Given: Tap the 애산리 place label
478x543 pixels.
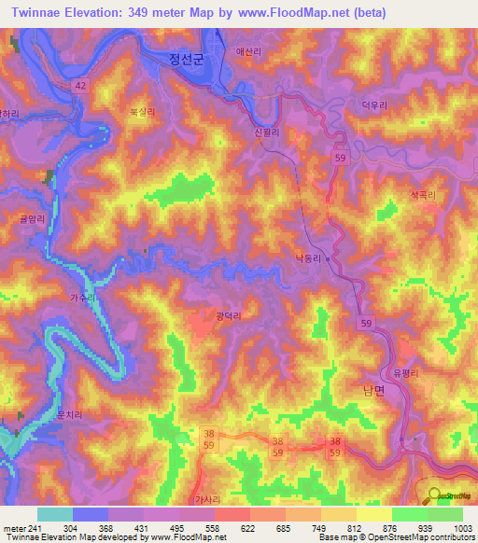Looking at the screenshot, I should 249,51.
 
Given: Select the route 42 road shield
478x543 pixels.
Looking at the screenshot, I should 82,85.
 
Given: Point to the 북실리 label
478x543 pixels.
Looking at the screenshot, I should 142,110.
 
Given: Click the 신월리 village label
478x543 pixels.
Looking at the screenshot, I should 266,132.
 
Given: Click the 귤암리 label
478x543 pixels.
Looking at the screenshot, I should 32,218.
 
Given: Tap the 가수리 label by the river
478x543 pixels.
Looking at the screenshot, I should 82,297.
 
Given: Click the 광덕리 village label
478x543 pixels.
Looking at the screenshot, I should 229,317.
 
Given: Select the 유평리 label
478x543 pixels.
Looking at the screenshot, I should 406,372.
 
